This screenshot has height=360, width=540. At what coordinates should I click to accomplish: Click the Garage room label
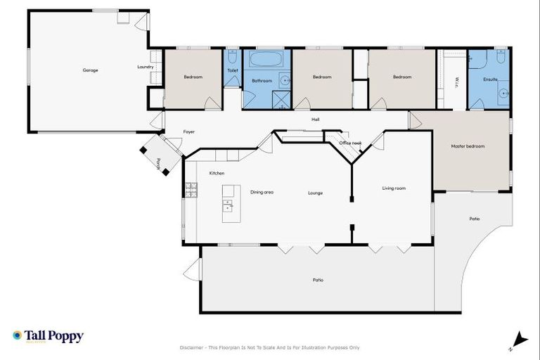tap(90, 70)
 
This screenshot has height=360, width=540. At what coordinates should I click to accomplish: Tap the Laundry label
tap(145, 67)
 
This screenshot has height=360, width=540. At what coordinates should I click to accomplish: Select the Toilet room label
tap(233, 70)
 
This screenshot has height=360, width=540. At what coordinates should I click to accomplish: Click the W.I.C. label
tap(456, 82)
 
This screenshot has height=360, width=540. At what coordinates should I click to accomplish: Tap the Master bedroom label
tap(468, 146)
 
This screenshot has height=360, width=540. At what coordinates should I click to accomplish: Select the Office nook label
tap(350, 143)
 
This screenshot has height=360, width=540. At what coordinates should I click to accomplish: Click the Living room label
tap(394, 188)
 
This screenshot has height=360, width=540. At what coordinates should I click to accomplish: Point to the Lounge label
tap(315, 193)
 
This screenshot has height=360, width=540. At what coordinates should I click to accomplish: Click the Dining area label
tap(262, 191)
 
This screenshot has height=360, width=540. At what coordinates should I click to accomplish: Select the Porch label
tap(159, 164)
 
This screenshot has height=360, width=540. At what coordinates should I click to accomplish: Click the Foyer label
tap(189, 131)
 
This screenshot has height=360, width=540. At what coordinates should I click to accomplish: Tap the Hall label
tap(316, 119)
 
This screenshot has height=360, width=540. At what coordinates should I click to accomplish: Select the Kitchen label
tap(217, 173)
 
